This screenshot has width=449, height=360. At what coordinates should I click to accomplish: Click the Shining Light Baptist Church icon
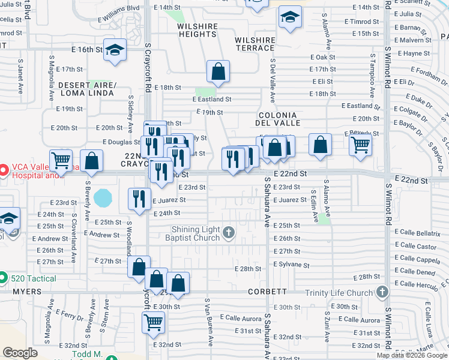pos(228,232)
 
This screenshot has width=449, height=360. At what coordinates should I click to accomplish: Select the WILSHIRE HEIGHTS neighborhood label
pos(196,31)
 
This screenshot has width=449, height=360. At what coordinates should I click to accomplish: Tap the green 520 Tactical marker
pos(4,278)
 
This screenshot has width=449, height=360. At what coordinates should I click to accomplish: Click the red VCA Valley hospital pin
pos(4,170)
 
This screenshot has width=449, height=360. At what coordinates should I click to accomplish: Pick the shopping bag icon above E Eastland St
pos(218,71)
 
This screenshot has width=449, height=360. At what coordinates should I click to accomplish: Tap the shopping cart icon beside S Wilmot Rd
pos(360,144)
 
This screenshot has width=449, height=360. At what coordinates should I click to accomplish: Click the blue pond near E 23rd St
pos(103,197)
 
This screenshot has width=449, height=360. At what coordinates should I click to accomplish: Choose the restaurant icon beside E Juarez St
pos(139,197)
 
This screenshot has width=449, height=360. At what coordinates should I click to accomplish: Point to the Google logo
pos(20,353)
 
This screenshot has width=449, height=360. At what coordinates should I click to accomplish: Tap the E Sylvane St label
pos(291,265)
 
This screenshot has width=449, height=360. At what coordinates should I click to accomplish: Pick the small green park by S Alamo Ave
pos(325,219)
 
